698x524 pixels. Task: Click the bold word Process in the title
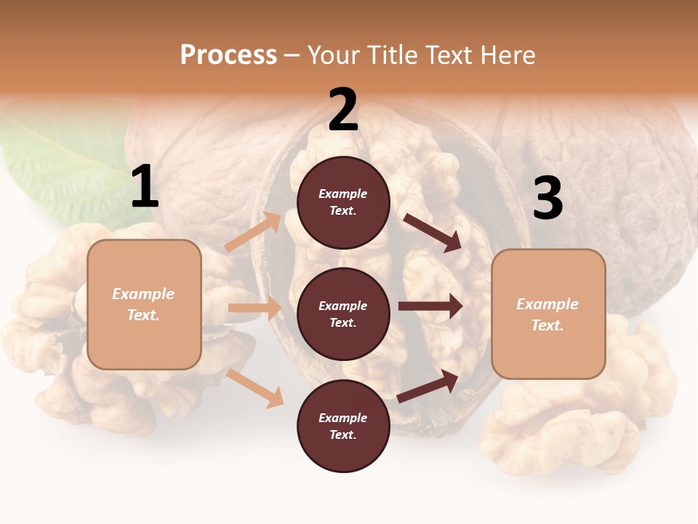(x=228, y=55)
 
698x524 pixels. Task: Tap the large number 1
(x=144, y=188)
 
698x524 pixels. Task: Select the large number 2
(x=343, y=111)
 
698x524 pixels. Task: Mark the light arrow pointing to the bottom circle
(x=255, y=387)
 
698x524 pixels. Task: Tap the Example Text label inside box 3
(x=547, y=314)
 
